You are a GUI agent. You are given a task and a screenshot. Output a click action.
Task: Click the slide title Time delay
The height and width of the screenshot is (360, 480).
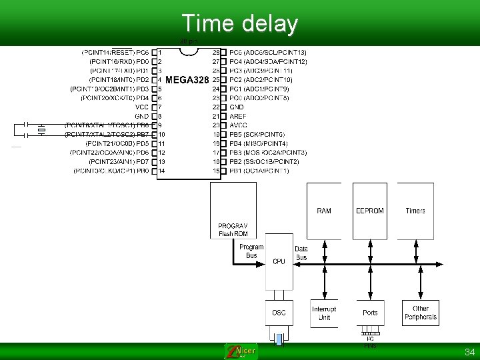tap(239, 23)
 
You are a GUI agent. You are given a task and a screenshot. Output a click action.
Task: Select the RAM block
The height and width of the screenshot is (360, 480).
tap(323, 211)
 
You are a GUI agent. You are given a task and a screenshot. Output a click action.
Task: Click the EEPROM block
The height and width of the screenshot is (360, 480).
tap(369, 211)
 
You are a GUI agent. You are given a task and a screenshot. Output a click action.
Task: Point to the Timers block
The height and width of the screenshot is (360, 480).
tap(415, 211)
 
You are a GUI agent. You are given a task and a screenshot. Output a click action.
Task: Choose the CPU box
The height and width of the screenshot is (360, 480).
tap(279, 261)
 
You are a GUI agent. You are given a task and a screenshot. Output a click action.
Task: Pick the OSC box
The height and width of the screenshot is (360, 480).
tap(279, 312)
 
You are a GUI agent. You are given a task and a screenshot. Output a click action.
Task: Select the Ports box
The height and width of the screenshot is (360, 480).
tap(370, 312)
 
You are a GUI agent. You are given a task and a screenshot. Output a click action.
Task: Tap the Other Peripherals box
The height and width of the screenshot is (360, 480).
tap(421, 312)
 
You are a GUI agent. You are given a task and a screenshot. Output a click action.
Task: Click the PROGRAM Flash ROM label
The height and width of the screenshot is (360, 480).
tap(233, 230)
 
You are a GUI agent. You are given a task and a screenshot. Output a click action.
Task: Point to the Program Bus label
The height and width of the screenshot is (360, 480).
tap(251, 251)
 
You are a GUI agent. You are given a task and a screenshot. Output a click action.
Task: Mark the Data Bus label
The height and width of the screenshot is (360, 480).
tap(301, 253)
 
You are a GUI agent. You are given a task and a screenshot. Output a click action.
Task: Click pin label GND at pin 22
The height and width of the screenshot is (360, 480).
tap(237, 107)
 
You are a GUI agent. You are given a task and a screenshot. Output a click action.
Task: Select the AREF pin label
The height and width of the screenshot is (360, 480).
tap(238, 116)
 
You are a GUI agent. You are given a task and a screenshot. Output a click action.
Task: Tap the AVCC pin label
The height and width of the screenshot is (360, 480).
tap(238, 125)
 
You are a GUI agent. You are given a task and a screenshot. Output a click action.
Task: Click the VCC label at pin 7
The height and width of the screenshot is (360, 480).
tap(142, 107)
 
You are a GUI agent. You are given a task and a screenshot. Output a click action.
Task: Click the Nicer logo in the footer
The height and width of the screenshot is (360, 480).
tap(241, 351)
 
